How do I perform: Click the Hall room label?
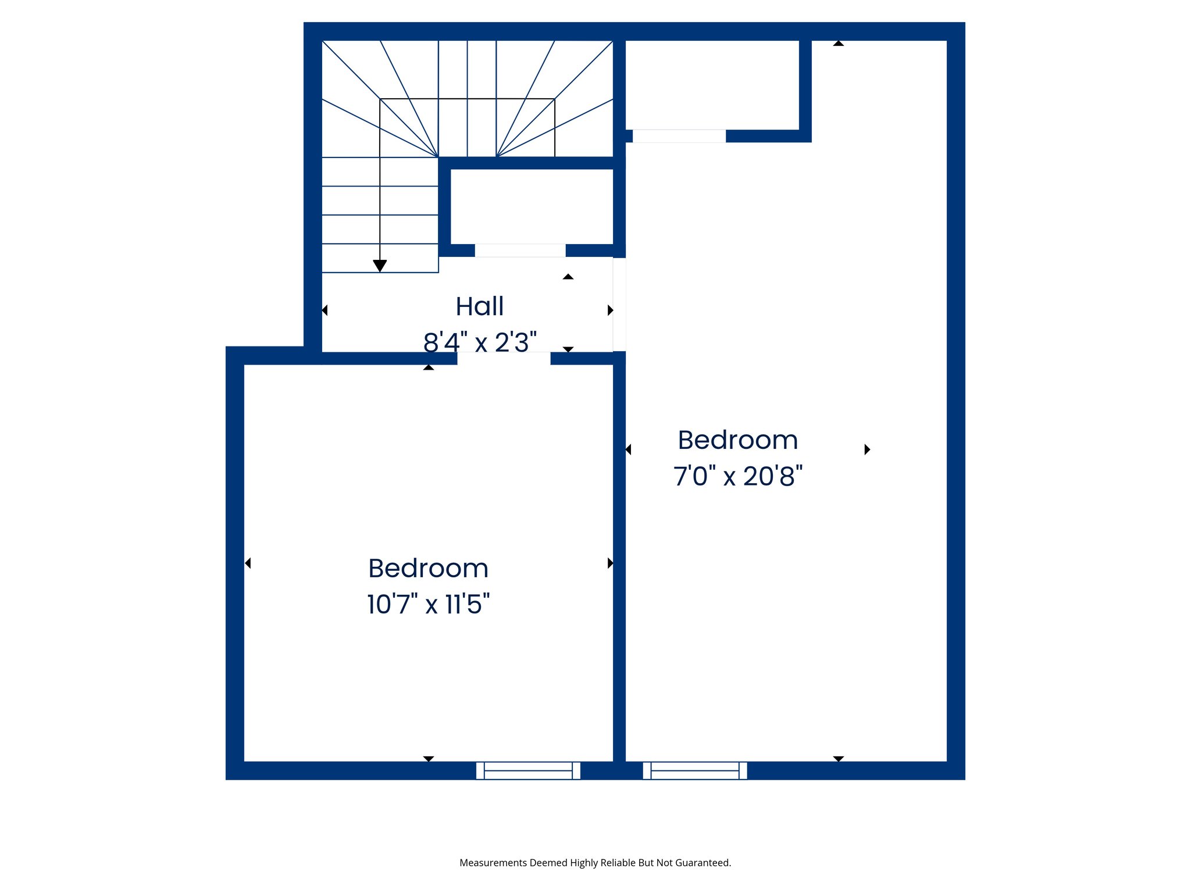pyautogui.click(x=479, y=306)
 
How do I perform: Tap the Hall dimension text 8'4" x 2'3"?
pyautogui.click(x=480, y=342)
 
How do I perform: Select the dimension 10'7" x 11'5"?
pyautogui.click(x=428, y=604)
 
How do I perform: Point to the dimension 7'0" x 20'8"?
pyautogui.click(x=737, y=476)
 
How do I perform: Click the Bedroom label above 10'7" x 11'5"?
pyautogui.click(x=428, y=568)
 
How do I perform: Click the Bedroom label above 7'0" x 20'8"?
pyautogui.click(x=737, y=440)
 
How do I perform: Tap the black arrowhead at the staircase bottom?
pyautogui.click(x=380, y=266)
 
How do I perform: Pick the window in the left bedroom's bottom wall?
pyautogui.click(x=528, y=770)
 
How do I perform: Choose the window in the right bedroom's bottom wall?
pyautogui.click(x=694, y=770)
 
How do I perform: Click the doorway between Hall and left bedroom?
pyautogui.click(x=504, y=358)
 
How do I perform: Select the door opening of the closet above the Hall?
pyautogui.click(x=520, y=251)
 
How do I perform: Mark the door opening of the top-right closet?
pyautogui.click(x=679, y=136)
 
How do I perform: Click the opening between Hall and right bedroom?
pyautogui.click(x=619, y=305)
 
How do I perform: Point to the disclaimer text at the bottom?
pyautogui.click(x=595, y=863)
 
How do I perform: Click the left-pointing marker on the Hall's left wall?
pyautogui.click(x=325, y=310)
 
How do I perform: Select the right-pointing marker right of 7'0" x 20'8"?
pyautogui.click(x=867, y=449)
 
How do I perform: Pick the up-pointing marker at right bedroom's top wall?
pyautogui.click(x=838, y=43)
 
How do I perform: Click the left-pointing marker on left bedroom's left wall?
pyautogui.click(x=248, y=563)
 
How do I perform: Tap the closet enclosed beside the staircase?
pyautogui.click(x=532, y=206)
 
